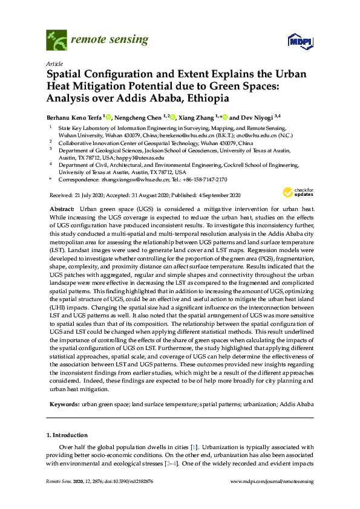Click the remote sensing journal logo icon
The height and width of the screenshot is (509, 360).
click(56, 41)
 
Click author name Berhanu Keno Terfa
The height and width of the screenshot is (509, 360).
click(74, 117)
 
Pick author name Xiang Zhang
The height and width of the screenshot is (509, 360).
click(200, 117)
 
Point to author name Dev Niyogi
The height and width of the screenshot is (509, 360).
click(256, 117)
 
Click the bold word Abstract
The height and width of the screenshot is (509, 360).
click(62, 207)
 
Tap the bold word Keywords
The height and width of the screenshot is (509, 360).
click(64, 403)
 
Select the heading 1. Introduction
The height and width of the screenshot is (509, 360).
click(67, 435)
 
